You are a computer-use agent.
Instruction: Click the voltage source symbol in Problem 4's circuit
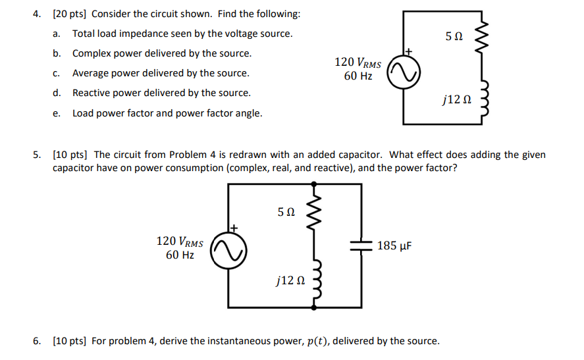402,69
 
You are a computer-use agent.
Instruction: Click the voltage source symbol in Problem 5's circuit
228,249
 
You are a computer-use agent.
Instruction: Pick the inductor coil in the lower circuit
315,281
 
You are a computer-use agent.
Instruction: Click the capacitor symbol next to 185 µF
361,245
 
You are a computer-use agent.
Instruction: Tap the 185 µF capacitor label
394,246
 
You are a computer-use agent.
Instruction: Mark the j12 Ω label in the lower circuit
290,281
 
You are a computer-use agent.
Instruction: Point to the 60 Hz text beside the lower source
179,255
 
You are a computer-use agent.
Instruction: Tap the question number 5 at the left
38,155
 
